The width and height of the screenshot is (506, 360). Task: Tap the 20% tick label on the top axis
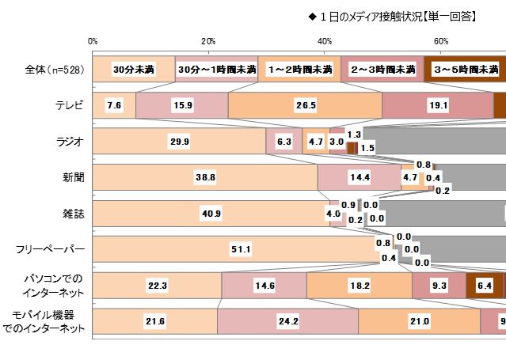point(208,41)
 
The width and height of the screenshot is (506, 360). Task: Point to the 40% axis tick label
point(325,41)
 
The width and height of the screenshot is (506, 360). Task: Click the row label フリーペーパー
point(51,250)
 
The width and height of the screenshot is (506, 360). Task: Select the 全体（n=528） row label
point(51,70)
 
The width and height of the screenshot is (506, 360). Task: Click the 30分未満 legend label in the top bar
point(134,70)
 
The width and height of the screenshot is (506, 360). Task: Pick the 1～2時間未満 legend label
point(299,70)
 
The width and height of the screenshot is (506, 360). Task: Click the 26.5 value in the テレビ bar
point(305,105)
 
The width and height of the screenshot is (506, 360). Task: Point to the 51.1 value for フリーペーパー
point(241,249)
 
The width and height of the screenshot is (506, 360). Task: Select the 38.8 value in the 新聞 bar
point(205,177)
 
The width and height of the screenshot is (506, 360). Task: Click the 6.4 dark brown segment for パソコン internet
point(484,286)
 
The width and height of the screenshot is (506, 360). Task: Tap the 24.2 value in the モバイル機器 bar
point(287,321)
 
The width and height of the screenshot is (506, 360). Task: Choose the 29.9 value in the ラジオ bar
point(179,142)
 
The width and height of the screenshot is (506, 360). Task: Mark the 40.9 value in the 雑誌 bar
point(211,214)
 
